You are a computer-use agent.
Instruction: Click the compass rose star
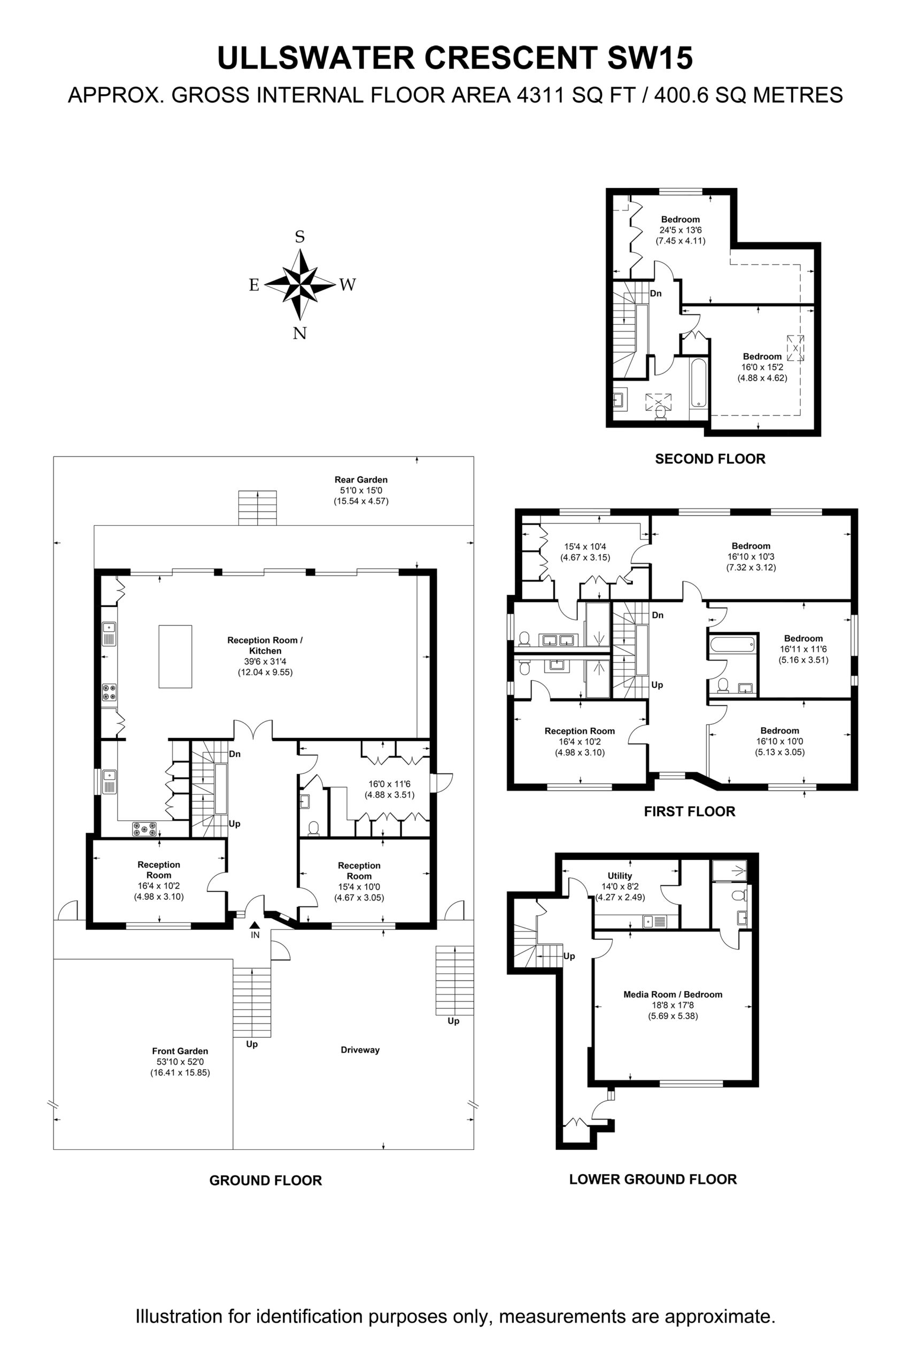point(300,284)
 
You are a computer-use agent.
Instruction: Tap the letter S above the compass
point(300,237)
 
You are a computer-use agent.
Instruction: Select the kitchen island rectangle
point(175,656)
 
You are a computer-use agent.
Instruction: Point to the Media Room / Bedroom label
point(673,994)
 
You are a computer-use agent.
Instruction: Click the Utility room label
point(620,875)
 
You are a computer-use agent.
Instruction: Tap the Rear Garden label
point(361,480)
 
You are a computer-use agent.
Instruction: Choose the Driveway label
point(360,1050)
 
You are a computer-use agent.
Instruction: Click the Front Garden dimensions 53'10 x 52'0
point(180,1062)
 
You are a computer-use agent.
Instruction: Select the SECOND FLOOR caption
point(710,458)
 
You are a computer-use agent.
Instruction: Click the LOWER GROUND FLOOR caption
point(653,1179)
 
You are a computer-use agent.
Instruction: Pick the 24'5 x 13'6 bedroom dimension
point(681,230)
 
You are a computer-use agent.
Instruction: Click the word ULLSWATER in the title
point(316,58)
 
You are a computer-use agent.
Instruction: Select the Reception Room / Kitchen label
point(265,646)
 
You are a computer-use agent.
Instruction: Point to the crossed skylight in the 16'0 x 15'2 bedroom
point(795,348)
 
